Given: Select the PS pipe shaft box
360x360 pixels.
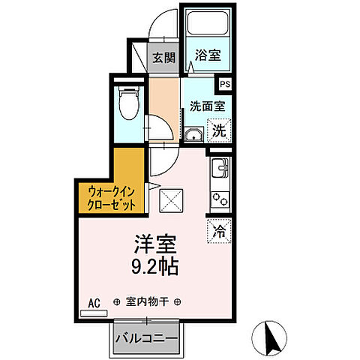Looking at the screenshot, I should (225, 86).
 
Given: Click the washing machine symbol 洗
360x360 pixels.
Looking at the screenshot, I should (218, 130).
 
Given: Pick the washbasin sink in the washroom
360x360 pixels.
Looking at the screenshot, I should (193, 135).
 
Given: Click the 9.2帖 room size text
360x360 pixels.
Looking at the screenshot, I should (157, 266).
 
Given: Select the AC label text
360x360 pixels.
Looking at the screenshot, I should (94, 302).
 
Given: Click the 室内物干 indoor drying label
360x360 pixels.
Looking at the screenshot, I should (146, 302).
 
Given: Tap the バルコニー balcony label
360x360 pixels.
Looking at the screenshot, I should (147, 338).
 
